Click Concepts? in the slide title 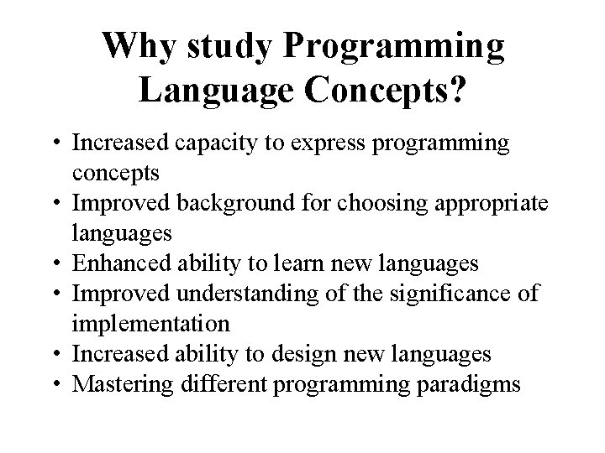[x=386, y=89]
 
